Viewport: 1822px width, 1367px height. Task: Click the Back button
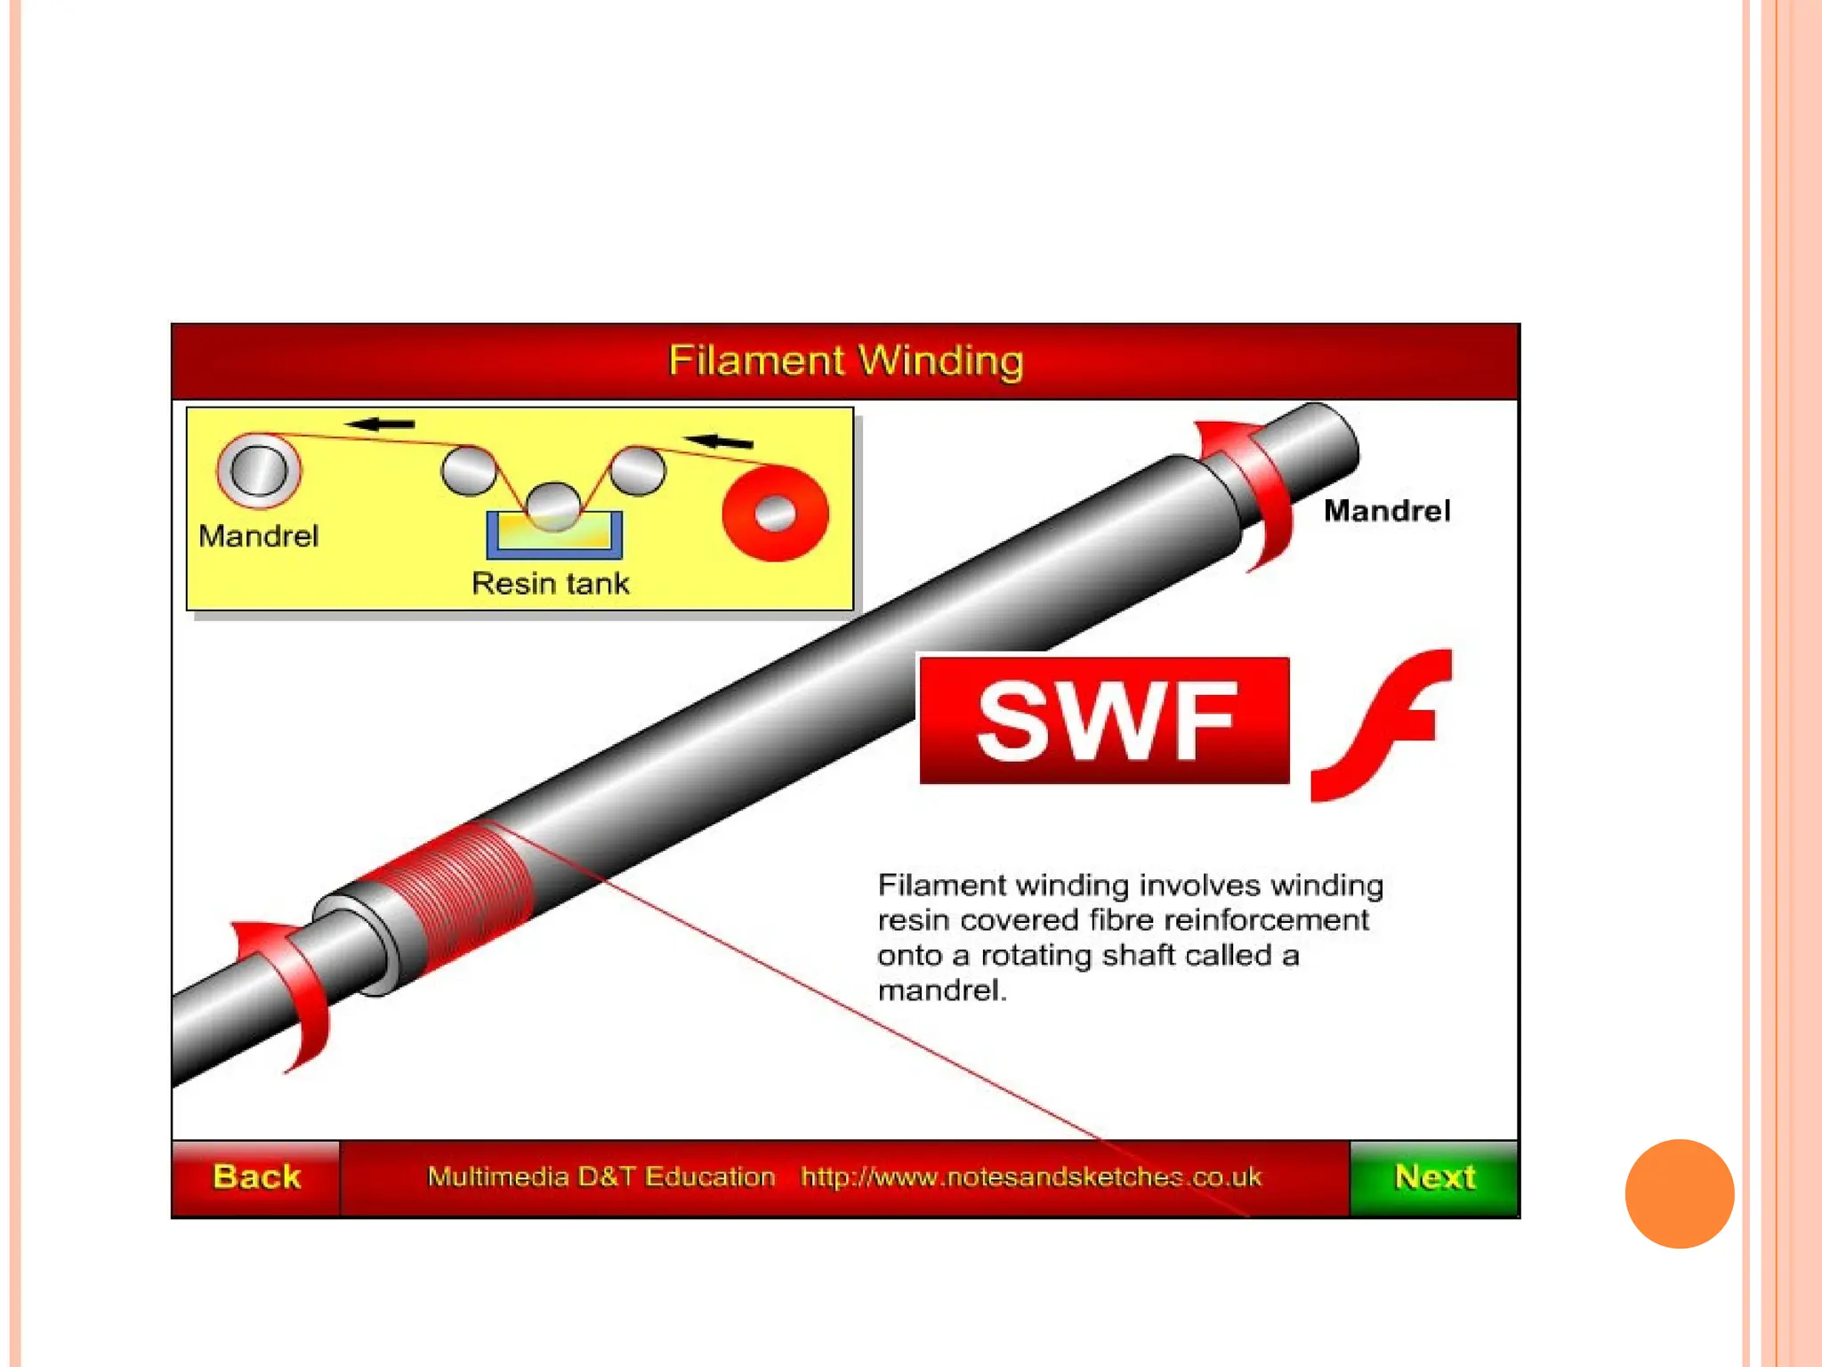[x=256, y=1177]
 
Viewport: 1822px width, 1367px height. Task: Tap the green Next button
[x=1434, y=1177]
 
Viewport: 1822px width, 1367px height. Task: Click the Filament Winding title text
[x=845, y=360]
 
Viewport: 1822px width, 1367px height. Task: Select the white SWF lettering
[x=1106, y=721]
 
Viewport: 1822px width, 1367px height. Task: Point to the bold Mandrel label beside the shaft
[x=1386, y=511]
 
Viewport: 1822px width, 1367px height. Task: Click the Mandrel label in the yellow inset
[x=258, y=536]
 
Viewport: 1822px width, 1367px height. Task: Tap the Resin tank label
[x=551, y=583]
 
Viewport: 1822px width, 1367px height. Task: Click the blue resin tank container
[x=554, y=538]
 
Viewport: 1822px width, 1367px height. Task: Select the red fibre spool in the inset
[x=775, y=514]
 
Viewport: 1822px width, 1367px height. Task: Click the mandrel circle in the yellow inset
[x=259, y=470]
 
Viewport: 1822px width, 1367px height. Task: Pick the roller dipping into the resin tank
[x=553, y=505]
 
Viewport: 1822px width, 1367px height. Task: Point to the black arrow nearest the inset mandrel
[x=380, y=425]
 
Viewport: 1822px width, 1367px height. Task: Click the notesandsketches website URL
[x=1030, y=1177]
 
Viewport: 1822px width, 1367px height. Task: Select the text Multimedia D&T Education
[x=601, y=1177]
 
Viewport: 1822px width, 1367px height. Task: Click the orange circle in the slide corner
[x=1679, y=1193]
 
